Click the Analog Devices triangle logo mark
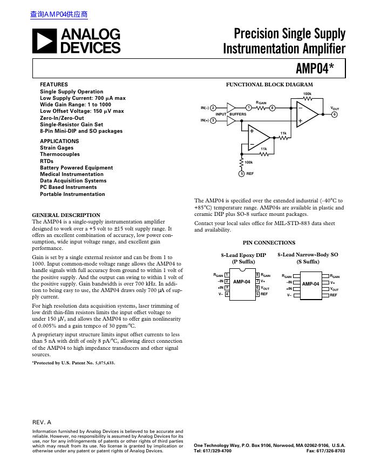[x=44, y=41]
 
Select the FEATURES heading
[x=54, y=85]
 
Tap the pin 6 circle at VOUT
[x=335, y=114]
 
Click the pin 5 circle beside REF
[x=241, y=174]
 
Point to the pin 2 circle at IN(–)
[x=213, y=108]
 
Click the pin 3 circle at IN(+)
[x=213, y=120]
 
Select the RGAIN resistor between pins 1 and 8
[x=261, y=108]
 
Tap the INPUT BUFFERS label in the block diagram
[x=231, y=114]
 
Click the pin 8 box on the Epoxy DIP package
[x=257, y=275]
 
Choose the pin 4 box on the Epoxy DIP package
[x=227, y=294]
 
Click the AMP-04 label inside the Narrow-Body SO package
[x=310, y=284]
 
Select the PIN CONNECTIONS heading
[x=269, y=243]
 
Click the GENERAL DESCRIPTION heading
[x=66, y=215]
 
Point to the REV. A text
[x=42, y=422]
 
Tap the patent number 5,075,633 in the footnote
[x=102, y=363]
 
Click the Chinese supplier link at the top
[x=59, y=15]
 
